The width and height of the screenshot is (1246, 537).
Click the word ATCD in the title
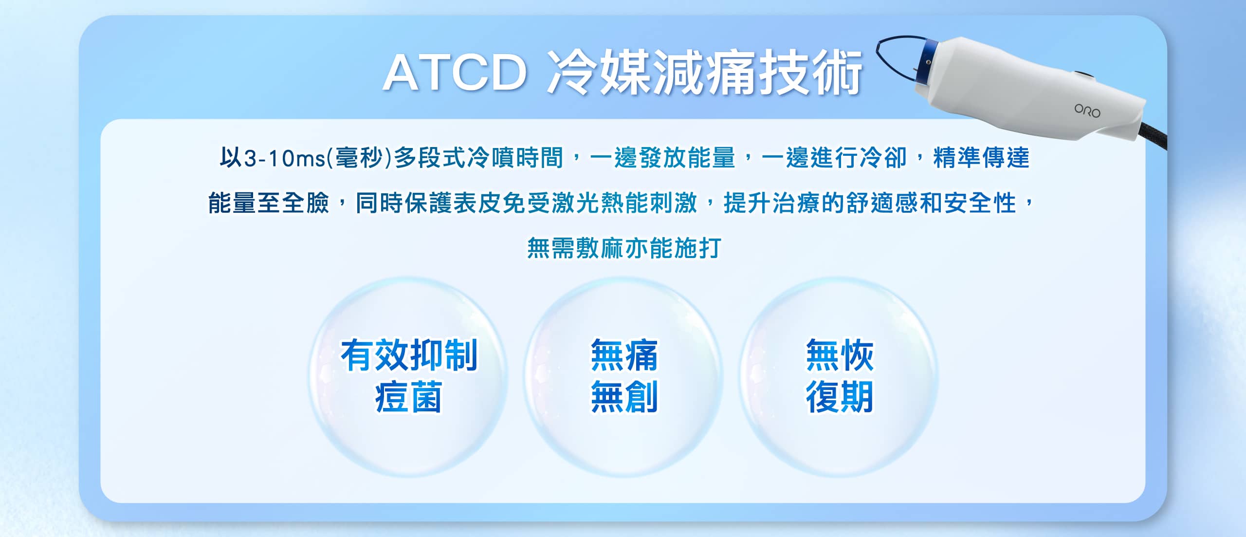(455, 74)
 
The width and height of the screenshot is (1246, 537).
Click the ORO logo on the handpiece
(1087, 111)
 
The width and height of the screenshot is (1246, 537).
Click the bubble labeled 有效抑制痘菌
(408, 376)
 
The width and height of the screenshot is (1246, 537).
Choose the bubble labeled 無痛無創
(623, 376)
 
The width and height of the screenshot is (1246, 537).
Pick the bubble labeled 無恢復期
(839, 376)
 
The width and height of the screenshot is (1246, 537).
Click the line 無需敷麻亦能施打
(623, 248)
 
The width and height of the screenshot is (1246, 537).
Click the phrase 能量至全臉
(269, 203)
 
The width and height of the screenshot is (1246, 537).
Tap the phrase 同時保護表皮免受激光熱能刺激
(527, 203)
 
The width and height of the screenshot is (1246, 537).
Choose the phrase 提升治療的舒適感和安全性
(870, 203)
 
